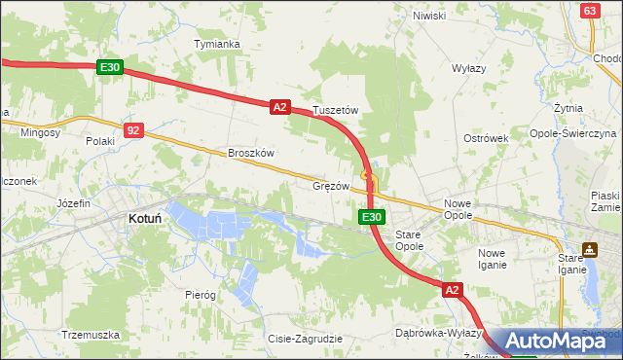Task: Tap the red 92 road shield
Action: [x=134, y=129]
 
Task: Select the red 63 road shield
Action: [x=589, y=11]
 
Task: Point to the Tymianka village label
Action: [x=216, y=45]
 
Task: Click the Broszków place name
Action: [x=252, y=153]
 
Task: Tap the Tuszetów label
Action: [x=336, y=111]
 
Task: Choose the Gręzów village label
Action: [x=331, y=185]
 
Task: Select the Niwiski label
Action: [x=428, y=16]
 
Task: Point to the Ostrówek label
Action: [x=487, y=138]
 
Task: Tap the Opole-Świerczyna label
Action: [x=572, y=132]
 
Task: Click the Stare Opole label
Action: [x=409, y=241]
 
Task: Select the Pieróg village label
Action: [x=200, y=294]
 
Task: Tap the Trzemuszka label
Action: [x=90, y=334]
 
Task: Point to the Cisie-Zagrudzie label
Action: [x=305, y=339]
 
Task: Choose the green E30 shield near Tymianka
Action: [x=110, y=67]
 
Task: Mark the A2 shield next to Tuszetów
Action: [x=279, y=108]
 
